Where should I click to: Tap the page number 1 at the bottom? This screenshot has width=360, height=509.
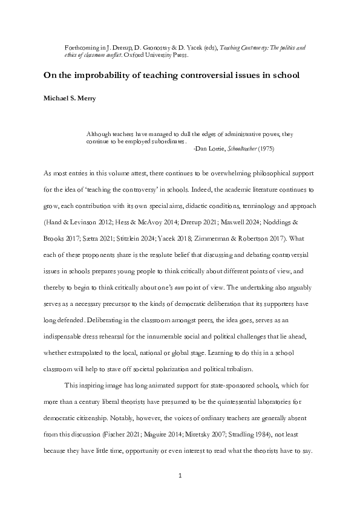click(180, 476)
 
